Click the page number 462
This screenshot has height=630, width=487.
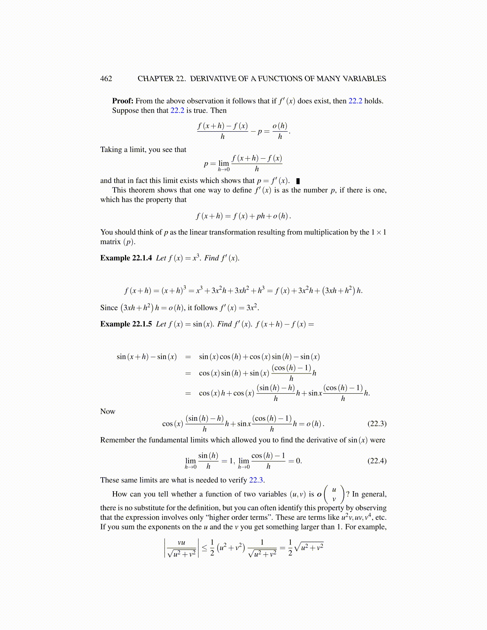tap(106, 79)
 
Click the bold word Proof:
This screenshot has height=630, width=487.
tap(123, 101)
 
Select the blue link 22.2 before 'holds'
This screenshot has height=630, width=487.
tap(355, 101)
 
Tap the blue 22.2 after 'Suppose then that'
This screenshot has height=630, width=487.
tap(177, 111)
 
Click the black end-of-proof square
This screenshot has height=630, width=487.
tap(298, 181)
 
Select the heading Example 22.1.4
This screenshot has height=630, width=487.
tap(126, 258)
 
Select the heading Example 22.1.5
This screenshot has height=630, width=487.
tap(126, 324)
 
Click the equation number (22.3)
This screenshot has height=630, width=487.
tap(377, 424)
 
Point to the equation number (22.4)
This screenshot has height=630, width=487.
tap(377, 461)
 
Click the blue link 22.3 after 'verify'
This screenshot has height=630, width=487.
tap(256, 480)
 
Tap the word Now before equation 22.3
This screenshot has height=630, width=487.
tap(107, 412)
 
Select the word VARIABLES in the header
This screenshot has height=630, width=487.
tap(366, 79)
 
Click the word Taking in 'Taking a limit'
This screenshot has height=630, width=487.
tap(111, 150)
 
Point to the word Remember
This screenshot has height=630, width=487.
tap(117, 440)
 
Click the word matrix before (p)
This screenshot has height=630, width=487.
tap(110, 242)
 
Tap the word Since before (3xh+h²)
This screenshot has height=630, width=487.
tap(109, 308)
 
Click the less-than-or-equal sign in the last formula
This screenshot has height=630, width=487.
tap(204, 548)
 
